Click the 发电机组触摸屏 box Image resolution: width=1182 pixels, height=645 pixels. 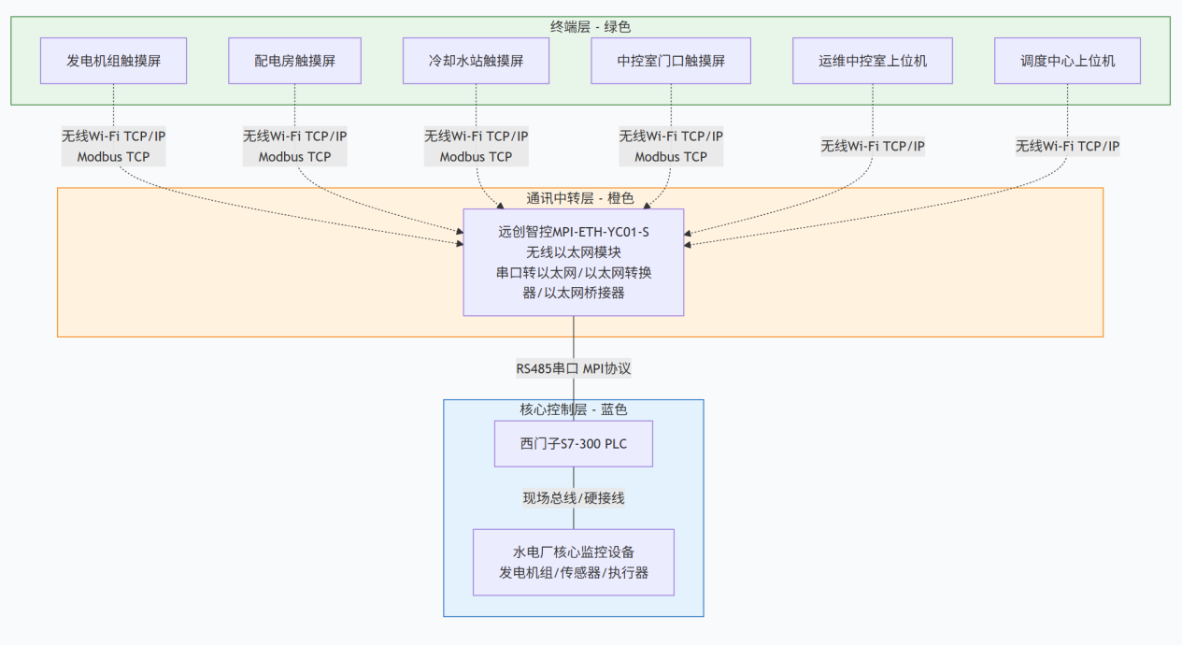coord(113,61)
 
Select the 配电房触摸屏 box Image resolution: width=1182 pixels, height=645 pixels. coord(294,61)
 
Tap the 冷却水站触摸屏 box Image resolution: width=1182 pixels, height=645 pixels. coord(476,61)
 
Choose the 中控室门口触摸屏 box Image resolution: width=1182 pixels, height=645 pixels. coord(671,61)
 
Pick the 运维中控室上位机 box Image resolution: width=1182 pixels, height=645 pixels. coord(872,61)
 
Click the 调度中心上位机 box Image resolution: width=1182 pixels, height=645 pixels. coord(1067,61)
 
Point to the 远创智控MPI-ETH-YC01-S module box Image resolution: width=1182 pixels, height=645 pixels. coord(574,262)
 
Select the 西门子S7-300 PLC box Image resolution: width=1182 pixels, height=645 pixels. coord(574,443)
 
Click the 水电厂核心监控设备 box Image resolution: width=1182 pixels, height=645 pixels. coord(574,562)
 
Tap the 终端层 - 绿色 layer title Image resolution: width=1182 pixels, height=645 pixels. coord(591,27)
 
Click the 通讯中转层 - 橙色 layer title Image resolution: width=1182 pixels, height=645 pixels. coord(579,198)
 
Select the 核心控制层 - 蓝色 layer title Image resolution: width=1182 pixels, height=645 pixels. coord(573,409)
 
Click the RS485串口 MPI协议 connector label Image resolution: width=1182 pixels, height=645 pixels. coord(574,368)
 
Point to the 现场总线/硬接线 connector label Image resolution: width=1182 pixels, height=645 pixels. coord(574,498)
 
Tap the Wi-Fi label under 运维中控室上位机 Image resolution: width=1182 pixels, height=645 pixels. coord(873,146)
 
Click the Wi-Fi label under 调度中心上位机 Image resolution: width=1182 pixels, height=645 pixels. coord(1067,146)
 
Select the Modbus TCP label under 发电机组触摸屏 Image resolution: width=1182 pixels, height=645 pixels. coord(113,157)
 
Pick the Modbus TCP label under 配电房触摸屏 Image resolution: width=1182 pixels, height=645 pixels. coord(294,157)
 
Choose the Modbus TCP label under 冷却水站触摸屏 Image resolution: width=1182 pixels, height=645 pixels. coord(476,157)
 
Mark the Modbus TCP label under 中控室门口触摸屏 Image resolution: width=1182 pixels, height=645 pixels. coord(671,157)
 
